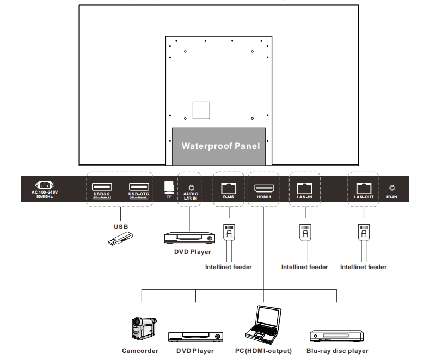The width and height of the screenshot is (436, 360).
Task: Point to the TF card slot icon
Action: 169,186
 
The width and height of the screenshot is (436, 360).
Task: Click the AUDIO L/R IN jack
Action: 191,187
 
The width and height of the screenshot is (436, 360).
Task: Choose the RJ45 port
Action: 228,188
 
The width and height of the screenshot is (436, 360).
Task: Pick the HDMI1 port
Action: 263,188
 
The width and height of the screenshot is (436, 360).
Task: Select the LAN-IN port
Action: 304,188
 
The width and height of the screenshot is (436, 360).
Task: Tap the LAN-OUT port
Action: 363,188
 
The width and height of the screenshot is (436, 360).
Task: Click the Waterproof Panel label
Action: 220,146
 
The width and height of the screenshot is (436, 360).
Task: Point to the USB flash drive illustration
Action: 120,238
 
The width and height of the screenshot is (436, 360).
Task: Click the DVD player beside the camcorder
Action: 195,337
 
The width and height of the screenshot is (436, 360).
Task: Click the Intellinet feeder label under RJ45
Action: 229,267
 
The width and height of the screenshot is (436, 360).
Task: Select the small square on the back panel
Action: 201,109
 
